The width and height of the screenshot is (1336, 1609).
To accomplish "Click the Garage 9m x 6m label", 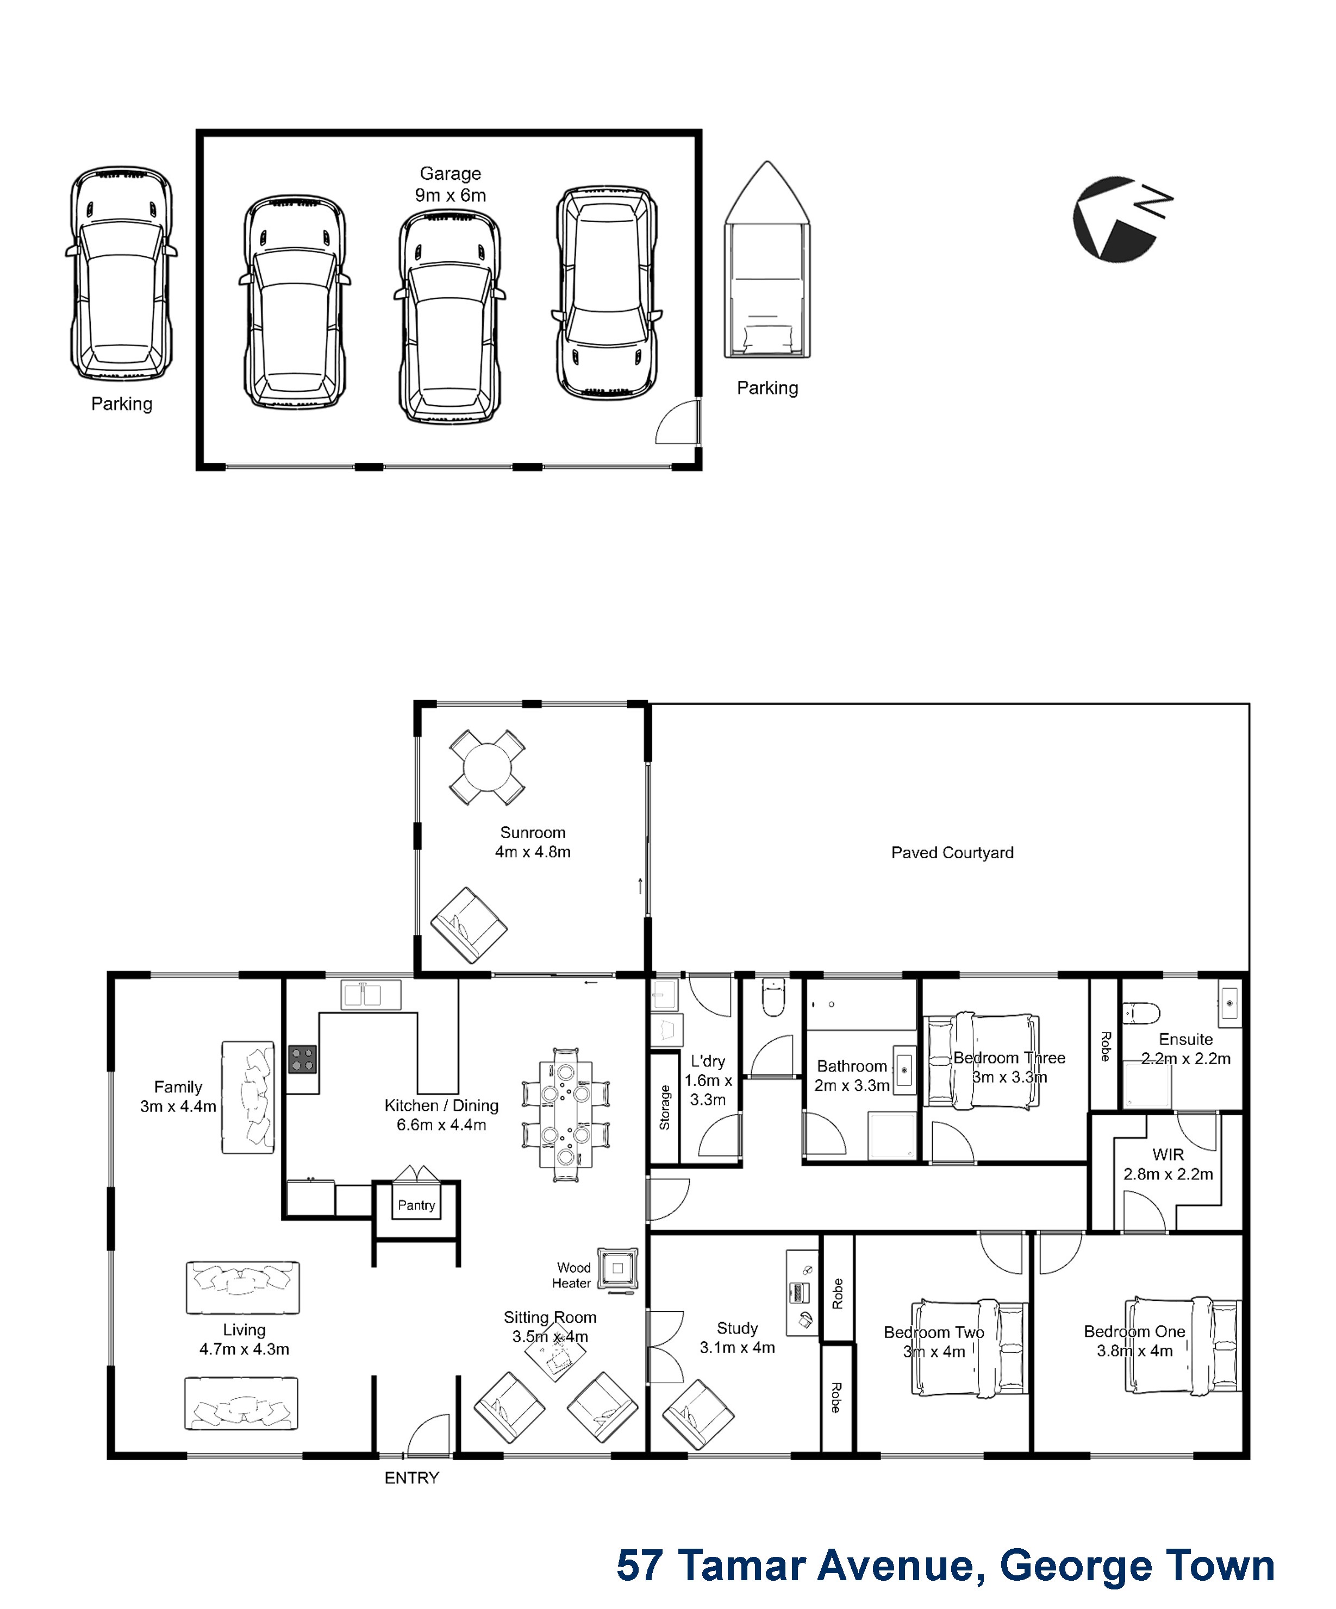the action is point(451,185).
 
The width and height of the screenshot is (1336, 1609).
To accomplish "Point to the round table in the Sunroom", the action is point(486,767).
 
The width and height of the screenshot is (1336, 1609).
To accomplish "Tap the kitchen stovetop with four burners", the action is point(302,1060).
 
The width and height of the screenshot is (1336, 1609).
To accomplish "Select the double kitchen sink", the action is point(371,995).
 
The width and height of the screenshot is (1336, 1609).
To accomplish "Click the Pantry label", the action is point(416,1205).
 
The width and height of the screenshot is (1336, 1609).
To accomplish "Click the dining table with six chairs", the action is point(566,1115).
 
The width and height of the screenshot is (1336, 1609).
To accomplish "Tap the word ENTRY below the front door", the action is point(411,1478).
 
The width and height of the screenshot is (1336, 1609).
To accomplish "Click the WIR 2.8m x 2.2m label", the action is point(1168,1164).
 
